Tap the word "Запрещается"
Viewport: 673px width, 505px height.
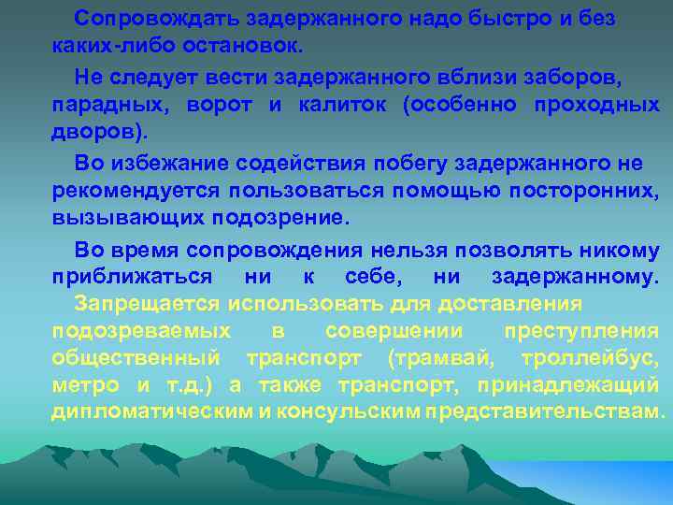[148, 304]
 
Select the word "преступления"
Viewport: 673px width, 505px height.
[580, 331]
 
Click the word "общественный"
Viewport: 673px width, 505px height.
[136, 358]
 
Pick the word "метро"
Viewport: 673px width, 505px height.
[85, 384]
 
